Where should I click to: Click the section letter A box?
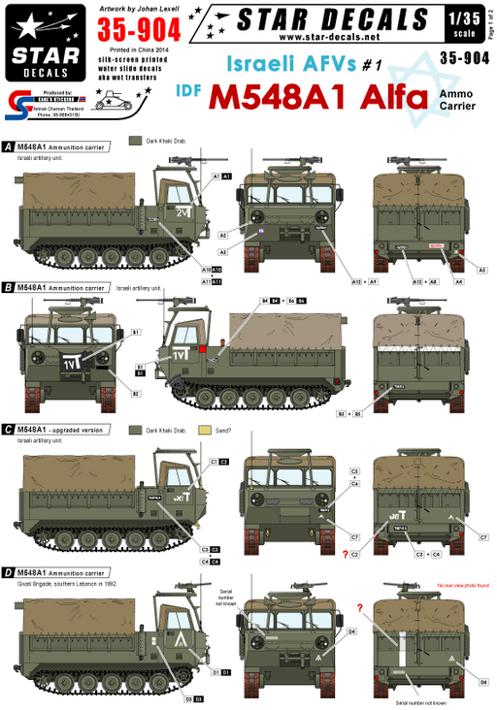tap(9, 146)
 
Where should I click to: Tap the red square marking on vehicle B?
tap(201, 347)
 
